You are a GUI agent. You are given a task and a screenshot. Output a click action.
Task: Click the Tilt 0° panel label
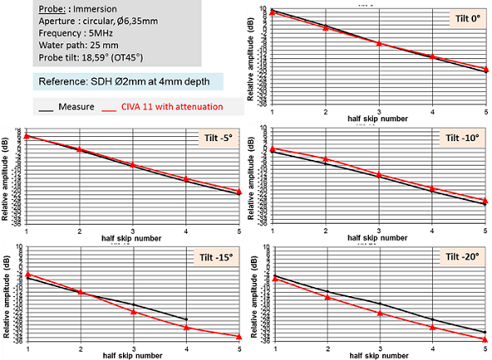click(466, 19)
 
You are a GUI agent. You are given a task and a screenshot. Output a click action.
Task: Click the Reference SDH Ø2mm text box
click(123, 82)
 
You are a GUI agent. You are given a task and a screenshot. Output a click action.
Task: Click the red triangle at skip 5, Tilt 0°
click(486, 70)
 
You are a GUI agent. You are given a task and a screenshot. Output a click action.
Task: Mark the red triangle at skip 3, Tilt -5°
click(133, 165)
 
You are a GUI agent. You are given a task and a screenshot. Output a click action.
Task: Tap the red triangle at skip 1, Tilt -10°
click(273, 149)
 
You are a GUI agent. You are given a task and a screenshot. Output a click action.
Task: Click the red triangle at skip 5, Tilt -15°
click(239, 336)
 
